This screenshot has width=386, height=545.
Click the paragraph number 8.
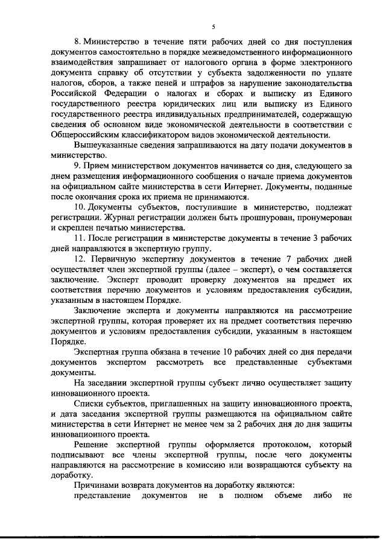pyautogui.click(x=77, y=43)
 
